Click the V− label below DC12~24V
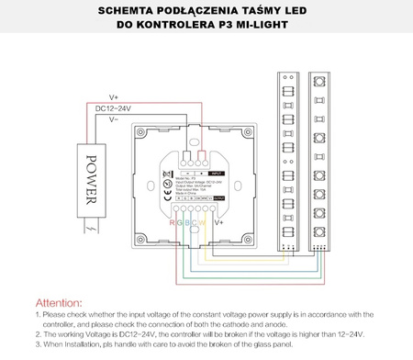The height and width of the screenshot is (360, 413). pyautogui.click(x=113, y=118)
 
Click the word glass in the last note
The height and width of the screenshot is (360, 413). pyautogui.click(x=299, y=343)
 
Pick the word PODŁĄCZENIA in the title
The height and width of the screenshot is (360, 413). pyautogui.click(x=233, y=10)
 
